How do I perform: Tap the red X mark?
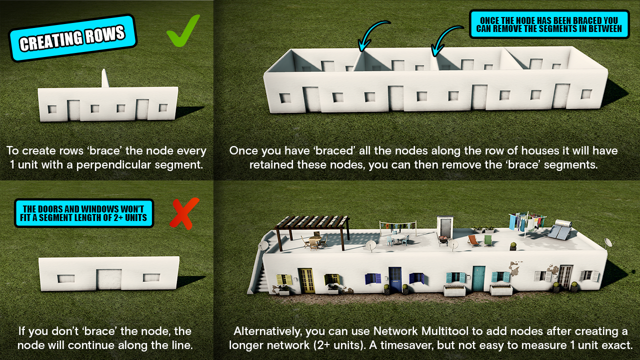(x=184, y=213)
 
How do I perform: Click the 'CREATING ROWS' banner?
(x=73, y=38)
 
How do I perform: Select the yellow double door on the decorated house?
(x=306, y=280)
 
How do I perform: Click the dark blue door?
(x=395, y=280)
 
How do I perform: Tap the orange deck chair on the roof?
(x=473, y=240)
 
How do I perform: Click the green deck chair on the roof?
(x=488, y=240)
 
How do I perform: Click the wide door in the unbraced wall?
(x=109, y=279)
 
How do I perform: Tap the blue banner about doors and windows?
(x=84, y=213)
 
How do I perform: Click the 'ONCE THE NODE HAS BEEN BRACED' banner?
(x=549, y=24)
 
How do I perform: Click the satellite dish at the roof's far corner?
(x=608, y=243)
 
